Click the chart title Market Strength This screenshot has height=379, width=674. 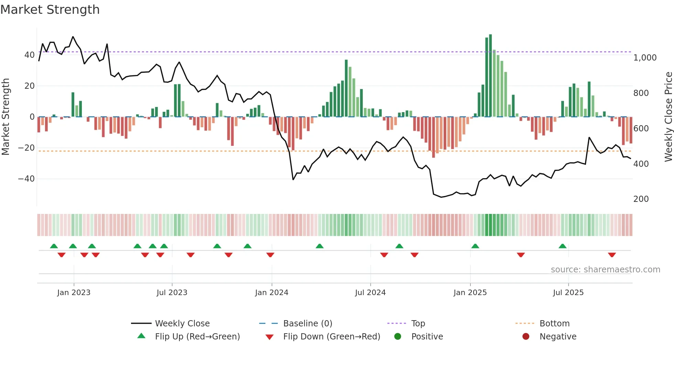(x=50, y=10)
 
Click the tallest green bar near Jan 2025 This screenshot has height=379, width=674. (x=490, y=76)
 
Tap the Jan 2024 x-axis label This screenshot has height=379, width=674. (x=272, y=293)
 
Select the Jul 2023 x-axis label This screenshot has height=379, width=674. (x=172, y=293)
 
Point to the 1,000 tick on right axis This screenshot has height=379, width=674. (x=645, y=58)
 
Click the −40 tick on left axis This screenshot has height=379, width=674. (x=26, y=179)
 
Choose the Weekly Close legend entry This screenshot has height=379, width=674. (x=182, y=324)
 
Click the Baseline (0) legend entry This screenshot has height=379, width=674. (x=307, y=324)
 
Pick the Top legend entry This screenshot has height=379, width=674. (x=418, y=324)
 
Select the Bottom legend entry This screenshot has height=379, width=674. (x=554, y=324)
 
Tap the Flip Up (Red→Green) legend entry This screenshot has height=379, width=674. (x=197, y=337)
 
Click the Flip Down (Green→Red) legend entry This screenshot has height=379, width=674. (x=331, y=337)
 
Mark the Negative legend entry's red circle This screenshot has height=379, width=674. (x=526, y=337)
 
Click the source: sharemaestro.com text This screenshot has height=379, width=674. (x=605, y=270)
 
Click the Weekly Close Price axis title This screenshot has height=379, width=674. (x=668, y=117)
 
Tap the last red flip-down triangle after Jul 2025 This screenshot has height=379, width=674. (x=612, y=255)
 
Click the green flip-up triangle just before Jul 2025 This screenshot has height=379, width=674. (x=563, y=246)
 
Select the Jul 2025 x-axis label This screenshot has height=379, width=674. (x=568, y=293)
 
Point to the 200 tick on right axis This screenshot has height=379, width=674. (x=641, y=199)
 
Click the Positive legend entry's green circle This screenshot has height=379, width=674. (x=398, y=337)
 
